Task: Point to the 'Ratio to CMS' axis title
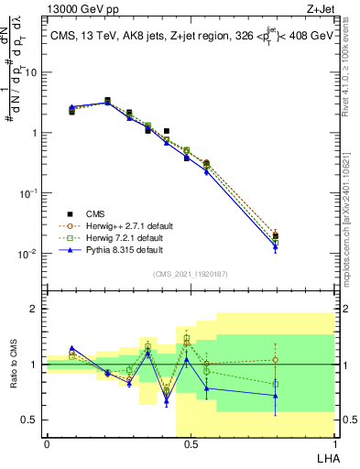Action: click(14, 365)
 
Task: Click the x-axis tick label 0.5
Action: click(190, 444)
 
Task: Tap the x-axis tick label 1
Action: click(333, 444)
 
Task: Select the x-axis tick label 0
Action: click(47, 444)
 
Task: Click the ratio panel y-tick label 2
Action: click(35, 310)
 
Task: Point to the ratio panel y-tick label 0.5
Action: click(31, 420)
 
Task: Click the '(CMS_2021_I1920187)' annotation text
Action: click(190, 273)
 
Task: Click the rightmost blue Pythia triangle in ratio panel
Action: click(276, 396)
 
